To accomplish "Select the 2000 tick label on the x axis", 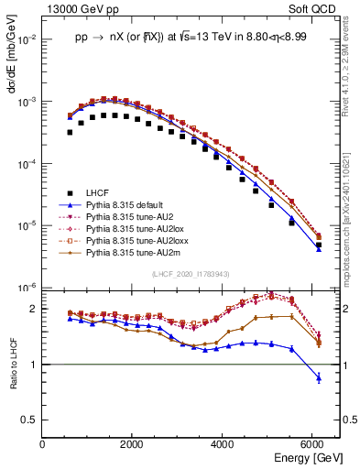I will tap(133, 443).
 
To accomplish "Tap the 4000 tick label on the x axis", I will tap(224, 443).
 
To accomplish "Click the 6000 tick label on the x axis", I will tap(313, 443).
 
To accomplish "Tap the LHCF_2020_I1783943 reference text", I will tap(190, 276).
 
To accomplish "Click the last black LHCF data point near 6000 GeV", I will tap(318, 245).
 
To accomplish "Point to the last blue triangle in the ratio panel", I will tap(318, 377).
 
